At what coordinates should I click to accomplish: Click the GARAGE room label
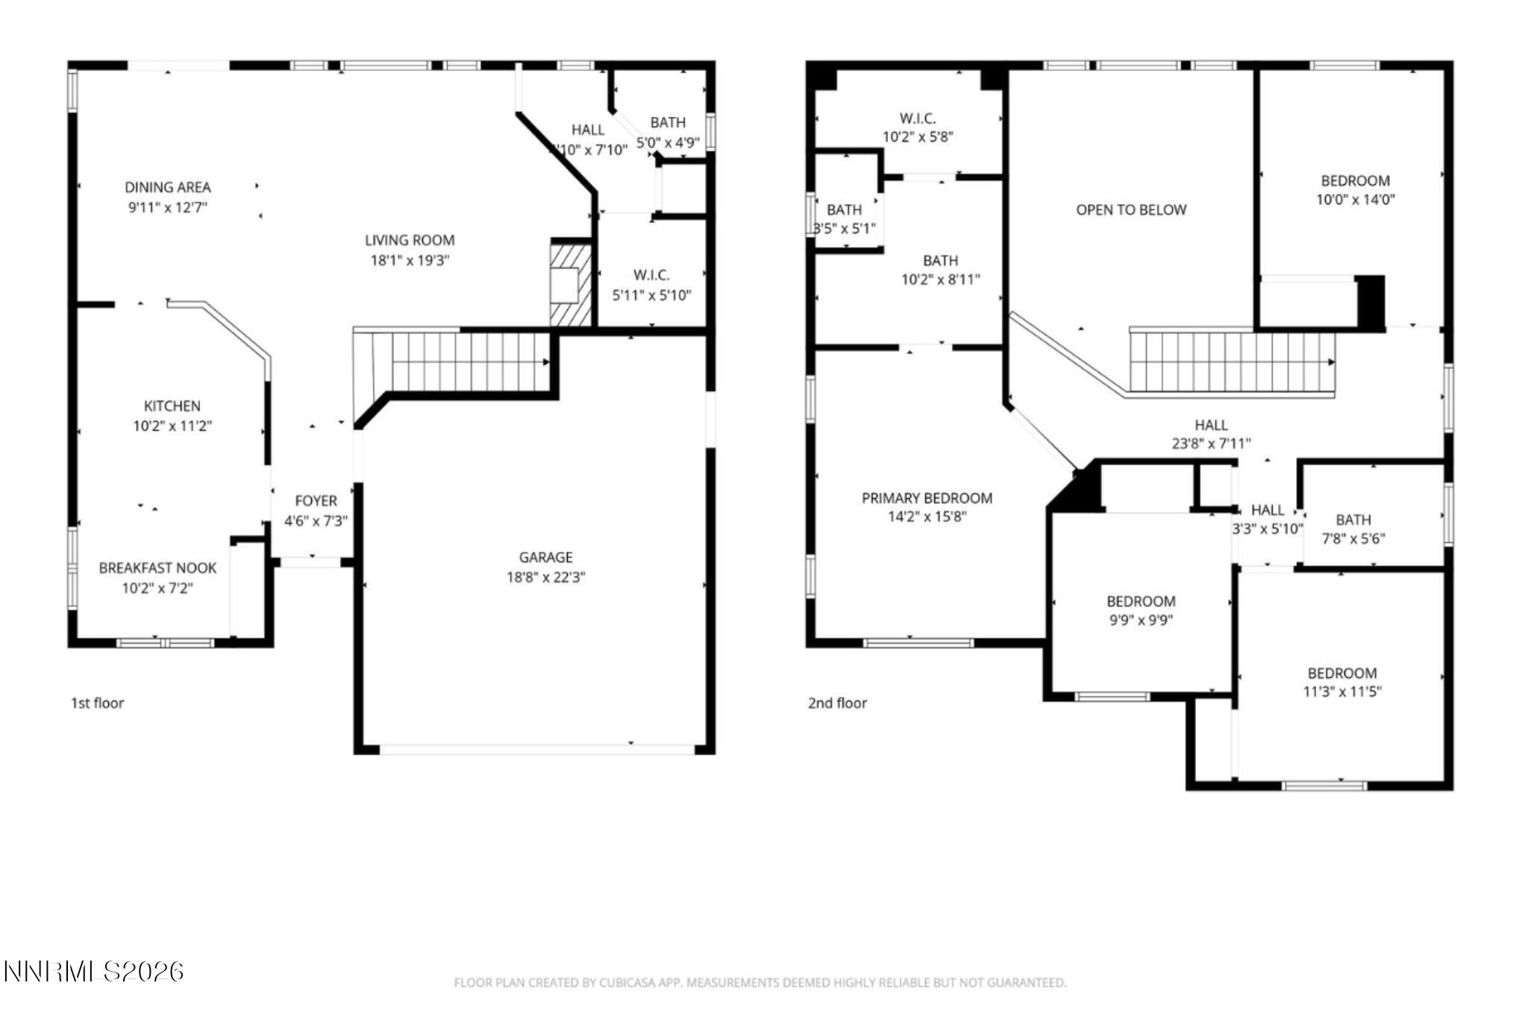(x=545, y=557)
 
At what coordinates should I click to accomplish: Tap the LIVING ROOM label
(x=410, y=240)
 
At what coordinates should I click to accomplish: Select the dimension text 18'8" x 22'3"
(x=545, y=577)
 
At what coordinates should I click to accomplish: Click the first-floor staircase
(x=463, y=362)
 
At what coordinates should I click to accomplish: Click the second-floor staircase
(x=1231, y=362)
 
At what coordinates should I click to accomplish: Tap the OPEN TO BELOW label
(x=1131, y=210)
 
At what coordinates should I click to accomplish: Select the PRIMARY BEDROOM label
(x=927, y=498)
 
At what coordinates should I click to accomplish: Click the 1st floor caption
(x=97, y=703)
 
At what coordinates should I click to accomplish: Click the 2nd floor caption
(x=837, y=703)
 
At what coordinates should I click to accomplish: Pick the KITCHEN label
(x=172, y=406)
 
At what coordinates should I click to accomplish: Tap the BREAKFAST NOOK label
(x=157, y=568)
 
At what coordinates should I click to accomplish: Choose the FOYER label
(x=316, y=501)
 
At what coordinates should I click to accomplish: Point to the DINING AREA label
(x=167, y=187)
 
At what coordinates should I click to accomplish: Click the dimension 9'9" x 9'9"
(x=1141, y=620)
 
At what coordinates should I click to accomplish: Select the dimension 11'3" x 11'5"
(x=1341, y=692)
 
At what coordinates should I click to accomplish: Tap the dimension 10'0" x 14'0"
(x=1355, y=200)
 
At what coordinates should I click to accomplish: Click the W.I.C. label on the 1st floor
(x=651, y=275)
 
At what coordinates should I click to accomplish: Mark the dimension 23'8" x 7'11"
(x=1211, y=444)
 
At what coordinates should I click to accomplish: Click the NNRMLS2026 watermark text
(x=93, y=971)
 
